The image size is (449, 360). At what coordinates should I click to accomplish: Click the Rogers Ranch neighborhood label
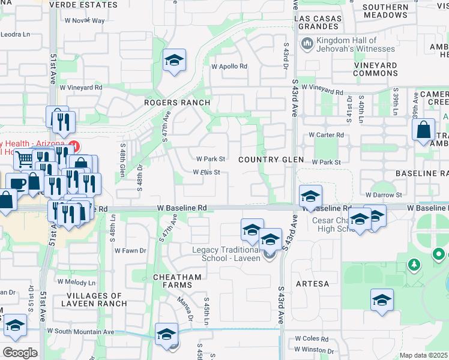click(x=177, y=103)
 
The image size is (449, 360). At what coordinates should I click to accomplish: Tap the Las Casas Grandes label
click(x=318, y=23)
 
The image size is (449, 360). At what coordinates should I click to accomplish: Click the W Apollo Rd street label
click(x=229, y=66)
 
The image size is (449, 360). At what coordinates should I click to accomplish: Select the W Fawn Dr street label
click(x=130, y=250)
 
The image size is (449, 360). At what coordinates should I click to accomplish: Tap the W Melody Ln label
click(x=76, y=281)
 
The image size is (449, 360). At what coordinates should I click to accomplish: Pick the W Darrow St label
click(x=384, y=195)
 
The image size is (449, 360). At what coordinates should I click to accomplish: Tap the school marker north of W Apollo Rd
click(x=174, y=60)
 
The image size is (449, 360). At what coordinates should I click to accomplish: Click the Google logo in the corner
click(x=19, y=352)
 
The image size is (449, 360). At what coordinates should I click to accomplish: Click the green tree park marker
click(x=413, y=264)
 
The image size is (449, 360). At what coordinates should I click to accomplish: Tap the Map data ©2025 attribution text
click(x=424, y=355)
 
